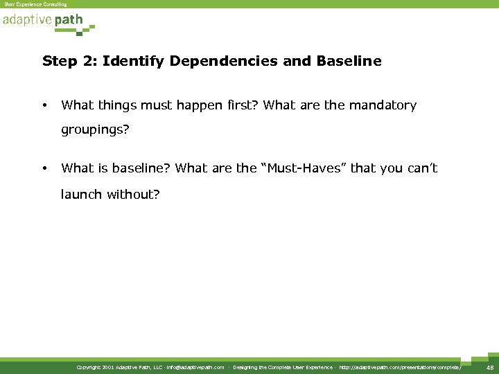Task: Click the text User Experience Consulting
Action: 36,4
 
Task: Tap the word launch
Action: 82,193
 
